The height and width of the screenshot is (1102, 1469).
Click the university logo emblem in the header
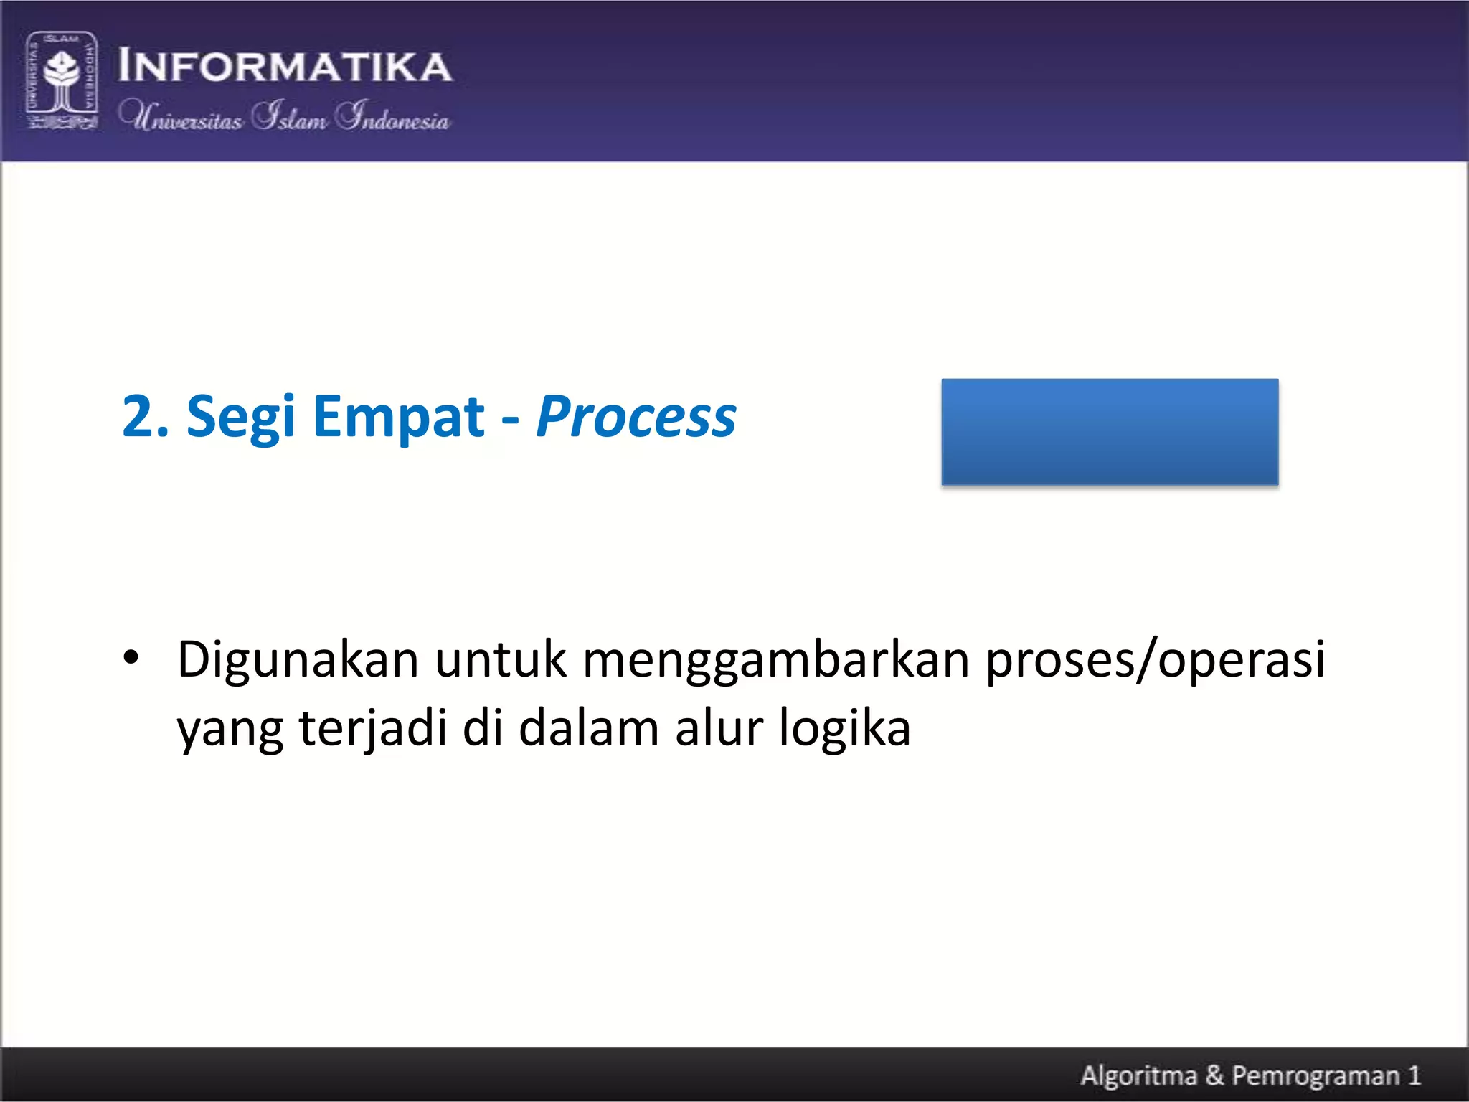(x=62, y=80)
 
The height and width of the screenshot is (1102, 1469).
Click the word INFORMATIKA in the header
(x=285, y=67)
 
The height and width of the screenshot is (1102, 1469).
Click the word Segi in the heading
(x=240, y=418)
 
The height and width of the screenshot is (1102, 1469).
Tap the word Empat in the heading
(x=399, y=418)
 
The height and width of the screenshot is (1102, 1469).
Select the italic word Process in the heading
(x=636, y=418)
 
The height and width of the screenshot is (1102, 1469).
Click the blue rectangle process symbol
(x=1110, y=432)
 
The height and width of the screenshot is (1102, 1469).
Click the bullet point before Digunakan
(x=131, y=658)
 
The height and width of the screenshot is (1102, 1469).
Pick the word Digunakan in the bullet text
(x=298, y=661)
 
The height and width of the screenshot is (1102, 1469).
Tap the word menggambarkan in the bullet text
(x=775, y=661)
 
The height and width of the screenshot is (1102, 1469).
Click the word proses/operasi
(x=1154, y=661)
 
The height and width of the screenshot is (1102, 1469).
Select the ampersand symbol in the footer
(x=1214, y=1075)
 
